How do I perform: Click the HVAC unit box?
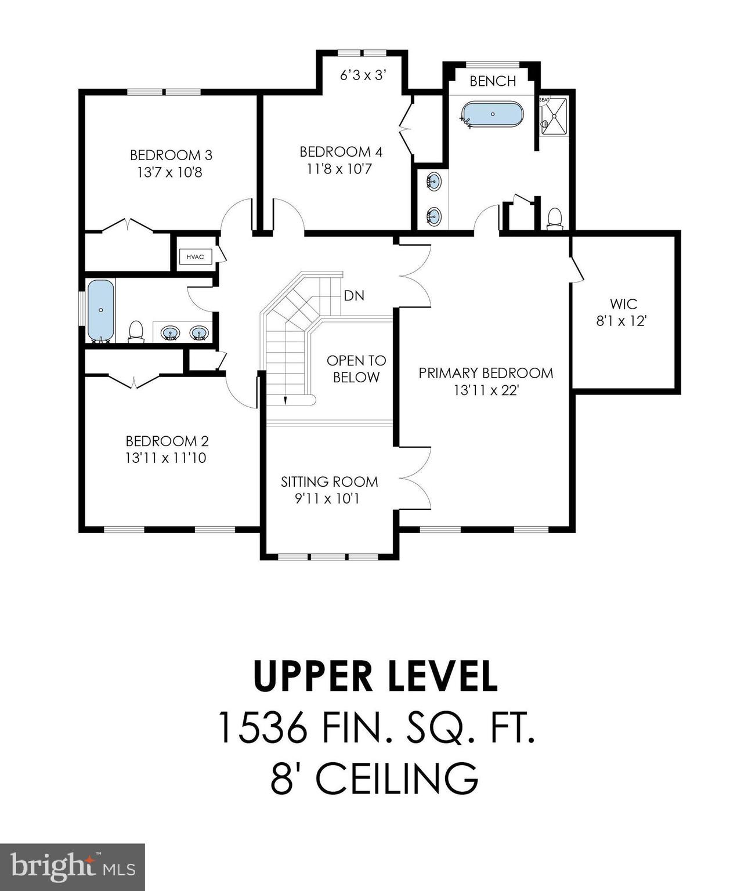pyautogui.click(x=195, y=256)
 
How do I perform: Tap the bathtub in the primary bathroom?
pyautogui.click(x=492, y=114)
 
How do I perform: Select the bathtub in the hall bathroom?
pyautogui.click(x=100, y=310)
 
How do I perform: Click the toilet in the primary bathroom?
pyautogui.click(x=555, y=218)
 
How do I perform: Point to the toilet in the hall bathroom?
pyautogui.click(x=136, y=331)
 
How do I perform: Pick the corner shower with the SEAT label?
pyautogui.click(x=553, y=115)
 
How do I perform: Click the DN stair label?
pyautogui.click(x=354, y=295)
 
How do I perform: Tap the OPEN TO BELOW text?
pyautogui.click(x=356, y=369)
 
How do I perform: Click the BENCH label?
pyautogui.click(x=493, y=81)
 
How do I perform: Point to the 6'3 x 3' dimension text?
pyautogui.click(x=363, y=75)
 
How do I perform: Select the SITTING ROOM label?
pyautogui.click(x=329, y=481)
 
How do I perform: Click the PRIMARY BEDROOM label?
pyautogui.click(x=486, y=372)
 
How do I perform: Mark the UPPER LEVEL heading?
pyautogui.click(x=375, y=676)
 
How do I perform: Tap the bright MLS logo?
pyautogui.click(x=72, y=867)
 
